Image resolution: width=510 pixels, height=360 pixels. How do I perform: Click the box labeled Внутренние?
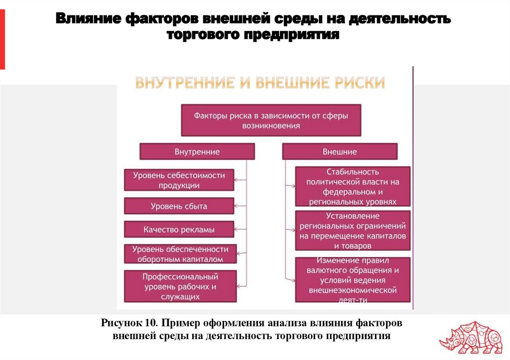pyautogui.click(x=197, y=151)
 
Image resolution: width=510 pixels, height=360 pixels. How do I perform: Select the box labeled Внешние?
pyautogui.click(x=340, y=151)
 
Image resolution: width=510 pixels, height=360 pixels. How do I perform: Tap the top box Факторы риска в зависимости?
pyautogui.click(x=270, y=120)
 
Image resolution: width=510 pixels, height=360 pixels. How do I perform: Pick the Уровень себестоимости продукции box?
pyautogui.click(x=179, y=180)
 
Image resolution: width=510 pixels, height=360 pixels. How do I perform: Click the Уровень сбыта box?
pyautogui.click(x=179, y=206)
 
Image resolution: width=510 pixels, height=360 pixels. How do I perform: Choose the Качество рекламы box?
pyautogui.click(x=179, y=230)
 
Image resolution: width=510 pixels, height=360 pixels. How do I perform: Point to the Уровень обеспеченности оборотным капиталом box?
pyautogui.click(x=180, y=254)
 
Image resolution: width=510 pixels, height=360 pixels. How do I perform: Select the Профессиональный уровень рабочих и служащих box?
pyautogui.click(x=180, y=286)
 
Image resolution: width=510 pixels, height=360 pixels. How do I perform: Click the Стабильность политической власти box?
pyautogui.click(x=353, y=187)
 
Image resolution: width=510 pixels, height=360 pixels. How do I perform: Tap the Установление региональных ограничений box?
pyautogui.click(x=353, y=231)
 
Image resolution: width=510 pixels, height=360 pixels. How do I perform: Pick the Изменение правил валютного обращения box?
pyautogui.click(x=353, y=280)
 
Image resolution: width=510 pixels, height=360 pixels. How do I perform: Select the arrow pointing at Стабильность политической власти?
pyautogui.click(x=289, y=187)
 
